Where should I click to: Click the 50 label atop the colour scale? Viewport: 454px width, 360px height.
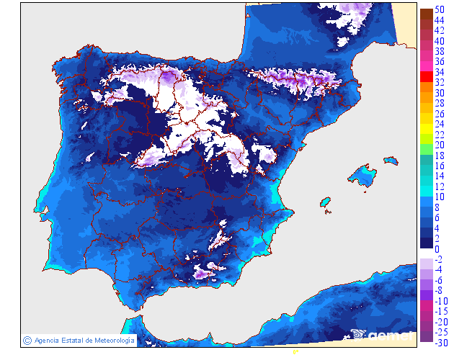(x=439, y=11)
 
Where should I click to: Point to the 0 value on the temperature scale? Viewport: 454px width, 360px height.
(x=437, y=249)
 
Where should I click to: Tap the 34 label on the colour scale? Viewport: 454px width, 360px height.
(x=439, y=72)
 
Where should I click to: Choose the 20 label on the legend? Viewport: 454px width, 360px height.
(x=439, y=145)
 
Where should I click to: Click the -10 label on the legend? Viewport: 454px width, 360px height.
(x=439, y=301)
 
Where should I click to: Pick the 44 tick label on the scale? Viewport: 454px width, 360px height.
(x=439, y=21)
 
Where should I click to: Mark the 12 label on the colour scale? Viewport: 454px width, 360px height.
(x=439, y=186)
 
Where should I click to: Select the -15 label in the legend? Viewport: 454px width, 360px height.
(x=439, y=311)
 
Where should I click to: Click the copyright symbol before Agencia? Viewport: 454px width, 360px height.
(x=27, y=340)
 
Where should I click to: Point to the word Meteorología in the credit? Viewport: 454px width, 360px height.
(x=109, y=340)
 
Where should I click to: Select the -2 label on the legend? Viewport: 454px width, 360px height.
(x=439, y=259)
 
